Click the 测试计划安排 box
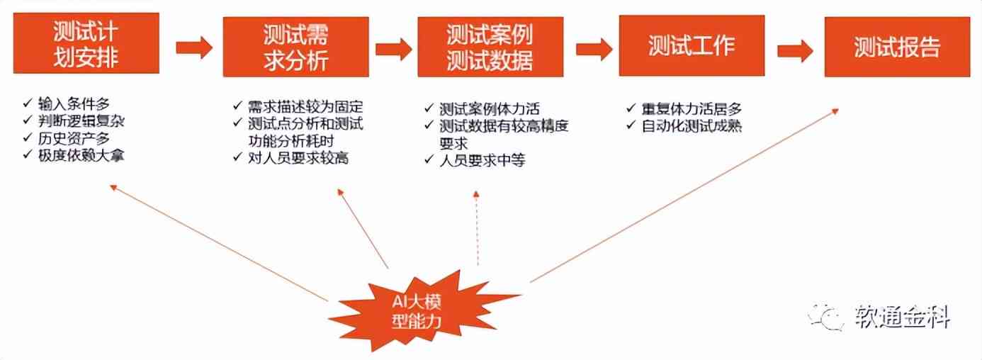coord(84,45)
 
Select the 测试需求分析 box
coord(295,47)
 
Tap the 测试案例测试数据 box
coord(490,47)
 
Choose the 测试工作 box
coord(692,46)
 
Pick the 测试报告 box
coord(896,47)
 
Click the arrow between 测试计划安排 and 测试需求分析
coord(193,47)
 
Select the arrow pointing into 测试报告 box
coord(794,50)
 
